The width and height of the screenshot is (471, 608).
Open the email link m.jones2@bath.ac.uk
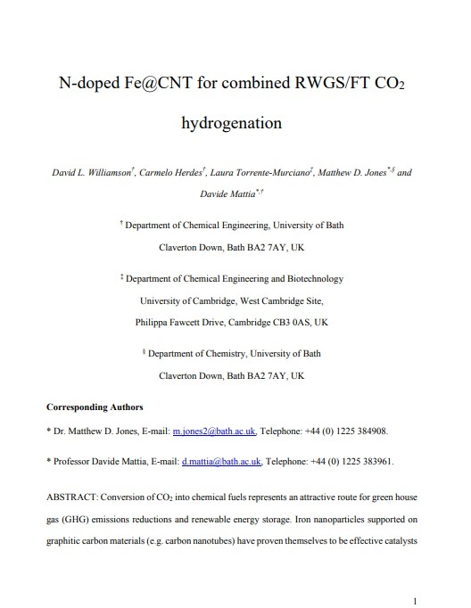tap(214, 431)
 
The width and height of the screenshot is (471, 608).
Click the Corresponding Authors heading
tap(95, 407)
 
